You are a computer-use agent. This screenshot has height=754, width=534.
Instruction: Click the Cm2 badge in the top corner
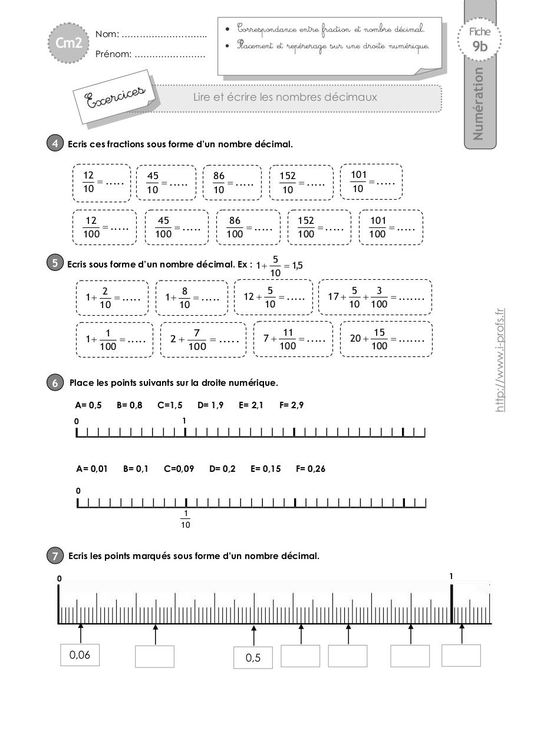(x=68, y=42)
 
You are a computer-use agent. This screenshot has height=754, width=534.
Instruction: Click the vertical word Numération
(x=478, y=104)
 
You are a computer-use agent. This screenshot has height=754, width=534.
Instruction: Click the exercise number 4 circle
(x=55, y=144)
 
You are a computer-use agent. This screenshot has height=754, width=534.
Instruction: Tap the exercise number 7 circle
(x=55, y=555)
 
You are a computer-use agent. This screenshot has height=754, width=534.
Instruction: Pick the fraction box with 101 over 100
(x=391, y=227)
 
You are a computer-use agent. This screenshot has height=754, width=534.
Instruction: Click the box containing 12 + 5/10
(x=273, y=297)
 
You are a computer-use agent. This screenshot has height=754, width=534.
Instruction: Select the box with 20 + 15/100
(x=386, y=339)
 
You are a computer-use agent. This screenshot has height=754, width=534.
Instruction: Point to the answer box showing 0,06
(x=80, y=655)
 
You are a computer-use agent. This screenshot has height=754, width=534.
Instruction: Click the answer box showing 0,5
(x=253, y=658)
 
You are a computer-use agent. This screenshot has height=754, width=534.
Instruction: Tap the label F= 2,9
(x=291, y=405)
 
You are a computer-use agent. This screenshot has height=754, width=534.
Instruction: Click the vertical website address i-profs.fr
(x=500, y=359)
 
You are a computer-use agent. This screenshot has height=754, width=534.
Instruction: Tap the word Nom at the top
(x=107, y=34)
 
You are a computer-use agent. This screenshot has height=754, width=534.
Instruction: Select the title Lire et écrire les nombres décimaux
(x=285, y=97)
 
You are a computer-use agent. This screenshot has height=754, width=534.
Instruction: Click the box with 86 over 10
(x=232, y=183)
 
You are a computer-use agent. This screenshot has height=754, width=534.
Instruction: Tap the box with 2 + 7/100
(x=203, y=339)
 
